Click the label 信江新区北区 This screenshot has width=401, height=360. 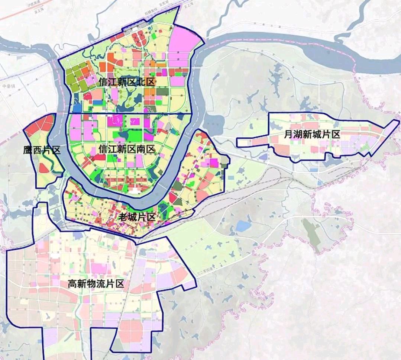126,82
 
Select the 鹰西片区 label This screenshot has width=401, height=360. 41,151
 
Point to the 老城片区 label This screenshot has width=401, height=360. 136,217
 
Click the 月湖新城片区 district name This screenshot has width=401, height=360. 311,135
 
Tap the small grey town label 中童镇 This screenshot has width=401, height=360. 8,86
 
